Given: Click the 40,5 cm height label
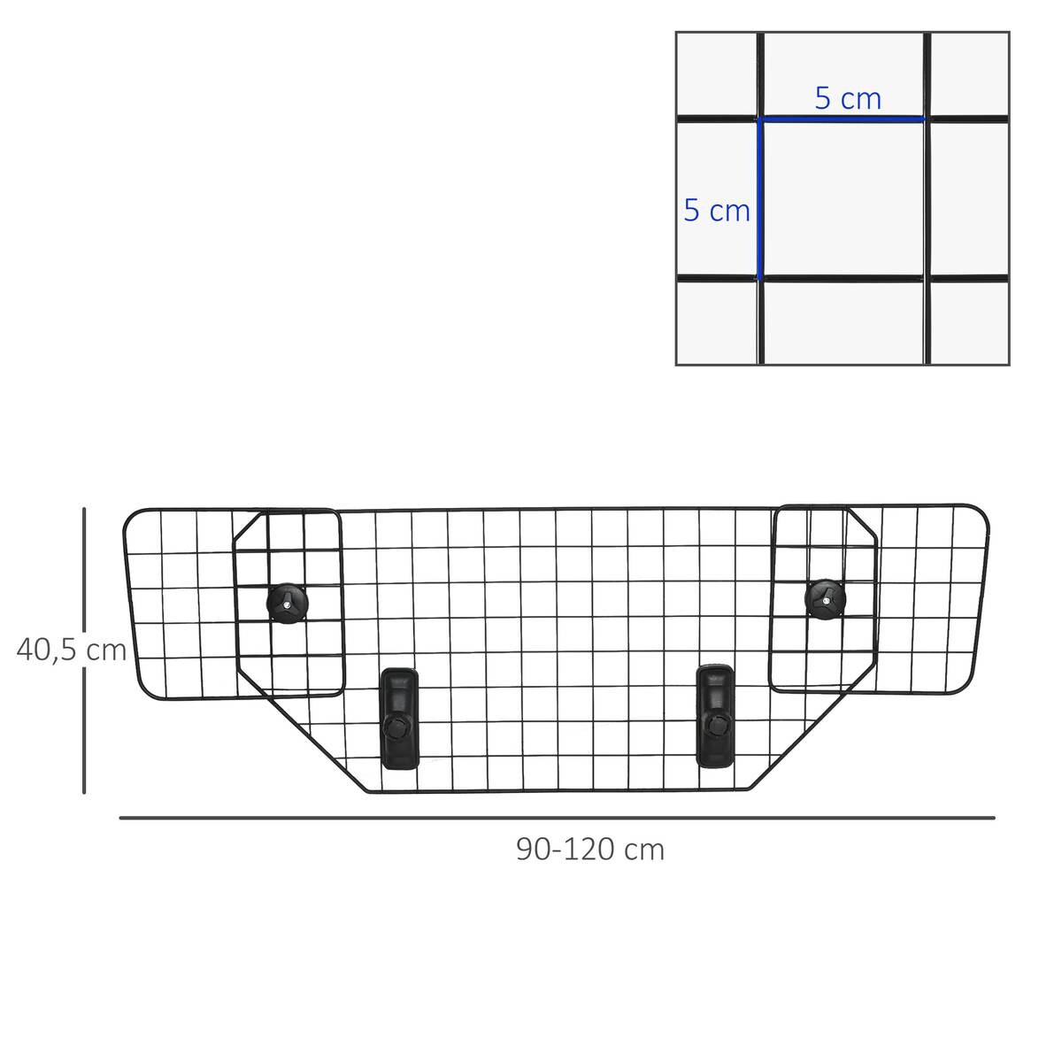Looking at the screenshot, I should click(x=72, y=650).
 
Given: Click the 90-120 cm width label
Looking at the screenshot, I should click(x=590, y=850).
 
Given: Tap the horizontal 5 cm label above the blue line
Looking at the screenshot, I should click(x=848, y=98).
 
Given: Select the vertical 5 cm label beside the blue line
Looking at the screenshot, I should click(x=717, y=211).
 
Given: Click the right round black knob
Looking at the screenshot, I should click(x=826, y=599).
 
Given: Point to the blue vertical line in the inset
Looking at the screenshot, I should click(x=759, y=199).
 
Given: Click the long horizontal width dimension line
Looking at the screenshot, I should click(x=558, y=818).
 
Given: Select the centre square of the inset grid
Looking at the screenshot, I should click(x=843, y=199).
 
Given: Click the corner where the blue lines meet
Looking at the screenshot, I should click(x=759, y=119).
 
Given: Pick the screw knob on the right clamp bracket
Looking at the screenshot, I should click(x=715, y=726).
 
